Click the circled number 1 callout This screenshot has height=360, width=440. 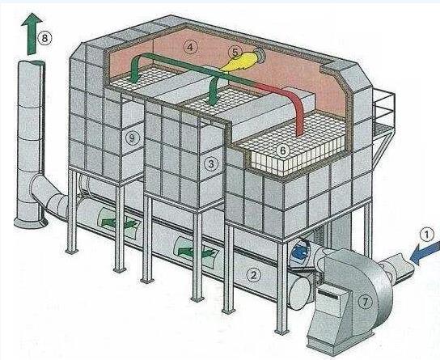(426, 235)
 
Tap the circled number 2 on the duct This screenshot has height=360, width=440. (253, 275)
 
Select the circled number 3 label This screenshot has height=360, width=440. (211, 163)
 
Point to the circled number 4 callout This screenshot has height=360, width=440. (191, 47)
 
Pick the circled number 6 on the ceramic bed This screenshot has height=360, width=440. (282, 150)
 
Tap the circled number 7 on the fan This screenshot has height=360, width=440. (365, 302)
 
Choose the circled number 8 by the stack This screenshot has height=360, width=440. (44, 38)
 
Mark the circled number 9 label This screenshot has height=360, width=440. (133, 138)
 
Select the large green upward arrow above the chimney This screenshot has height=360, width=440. (32, 34)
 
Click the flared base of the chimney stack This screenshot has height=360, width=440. (31, 222)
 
